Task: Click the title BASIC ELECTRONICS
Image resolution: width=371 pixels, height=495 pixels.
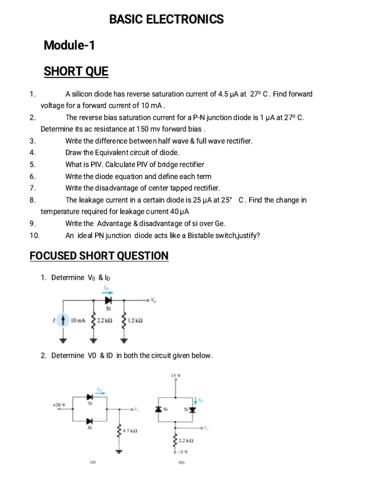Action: tap(167, 20)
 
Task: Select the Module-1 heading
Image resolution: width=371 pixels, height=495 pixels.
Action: tap(70, 46)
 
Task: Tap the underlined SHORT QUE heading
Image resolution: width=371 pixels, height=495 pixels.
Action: tap(76, 72)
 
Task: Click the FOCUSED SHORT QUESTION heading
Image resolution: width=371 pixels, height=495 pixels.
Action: tap(99, 256)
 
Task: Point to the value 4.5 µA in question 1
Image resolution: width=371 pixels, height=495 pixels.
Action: tap(228, 94)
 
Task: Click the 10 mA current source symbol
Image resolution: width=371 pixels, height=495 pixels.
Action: tap(62, 320)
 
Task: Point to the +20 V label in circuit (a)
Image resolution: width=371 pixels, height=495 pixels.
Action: tap(58, 404)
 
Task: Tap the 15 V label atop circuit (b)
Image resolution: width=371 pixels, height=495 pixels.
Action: tap(175, 375)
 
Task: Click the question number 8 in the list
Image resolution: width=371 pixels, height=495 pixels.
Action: tap(32, 200)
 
